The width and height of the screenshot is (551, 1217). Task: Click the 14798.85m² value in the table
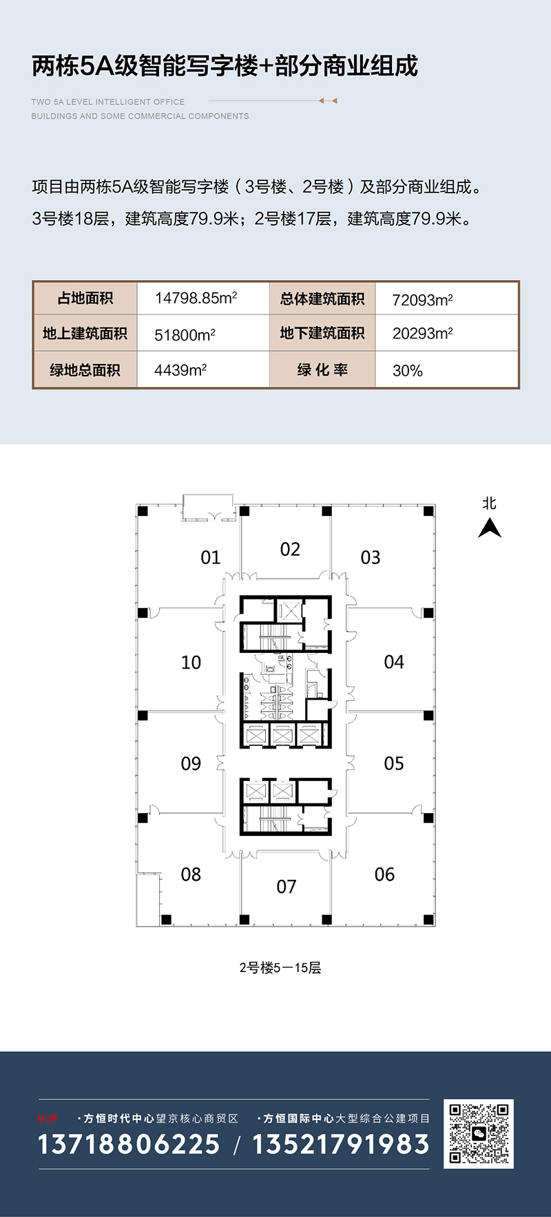(196, 298)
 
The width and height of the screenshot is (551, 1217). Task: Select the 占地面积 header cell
(85, 299)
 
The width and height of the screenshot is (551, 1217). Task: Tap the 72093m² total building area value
(422, 300)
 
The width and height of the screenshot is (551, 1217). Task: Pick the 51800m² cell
(185, 334)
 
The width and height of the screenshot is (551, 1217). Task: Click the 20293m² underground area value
(422, 334)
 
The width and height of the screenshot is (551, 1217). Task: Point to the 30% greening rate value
(407, 371)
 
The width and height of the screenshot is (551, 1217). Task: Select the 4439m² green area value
(180, 370)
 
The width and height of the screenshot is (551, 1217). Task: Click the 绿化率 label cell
(322, 370)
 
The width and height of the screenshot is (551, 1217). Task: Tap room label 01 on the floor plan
(211, 557)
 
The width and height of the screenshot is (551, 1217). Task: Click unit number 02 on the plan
(290, 549)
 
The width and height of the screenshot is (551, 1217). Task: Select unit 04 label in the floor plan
(394, 662)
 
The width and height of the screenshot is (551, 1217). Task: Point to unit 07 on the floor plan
(287, 887)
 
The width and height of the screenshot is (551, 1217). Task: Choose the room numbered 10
(191, 663)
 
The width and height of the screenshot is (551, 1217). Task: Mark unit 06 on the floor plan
(384, 874)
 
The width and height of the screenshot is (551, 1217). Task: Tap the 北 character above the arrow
(489, 503)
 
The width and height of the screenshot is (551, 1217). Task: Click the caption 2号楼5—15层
(280, 968)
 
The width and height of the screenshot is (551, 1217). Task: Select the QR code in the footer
(479, 1133)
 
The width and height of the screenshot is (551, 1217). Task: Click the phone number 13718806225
(129, 1145)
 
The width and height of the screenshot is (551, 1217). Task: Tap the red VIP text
(48, 1119)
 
